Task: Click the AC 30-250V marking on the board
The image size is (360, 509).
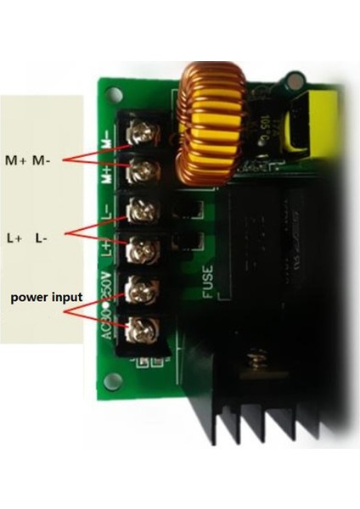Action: tap(108, 305)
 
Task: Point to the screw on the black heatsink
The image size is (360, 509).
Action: tap(254, 362)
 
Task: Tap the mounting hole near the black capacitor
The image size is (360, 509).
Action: tap(295, 81)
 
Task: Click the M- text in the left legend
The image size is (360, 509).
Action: tap(42, 159)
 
